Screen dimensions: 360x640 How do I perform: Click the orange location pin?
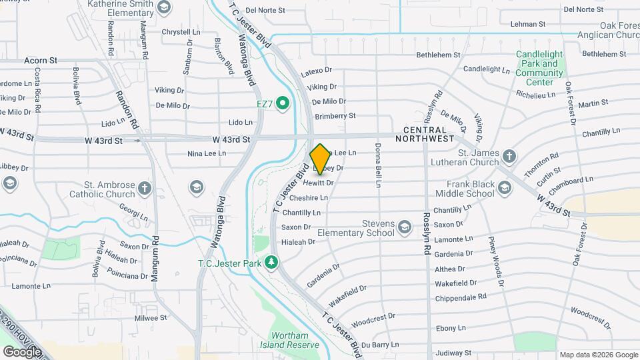click(320, 159)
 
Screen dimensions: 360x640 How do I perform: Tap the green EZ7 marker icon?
click(282, 103)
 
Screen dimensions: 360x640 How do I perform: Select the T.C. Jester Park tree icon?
click(271, 262)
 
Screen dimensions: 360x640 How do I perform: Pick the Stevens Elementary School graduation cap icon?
click(404, 229)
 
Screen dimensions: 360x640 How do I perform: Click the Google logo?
click(21, 351)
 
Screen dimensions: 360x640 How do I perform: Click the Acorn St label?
click(40, 60)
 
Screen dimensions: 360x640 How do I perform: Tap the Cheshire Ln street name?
click(309, 198)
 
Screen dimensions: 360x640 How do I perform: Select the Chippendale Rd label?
click(461, 296)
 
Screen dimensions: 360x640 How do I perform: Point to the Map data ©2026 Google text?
click(597, 355)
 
